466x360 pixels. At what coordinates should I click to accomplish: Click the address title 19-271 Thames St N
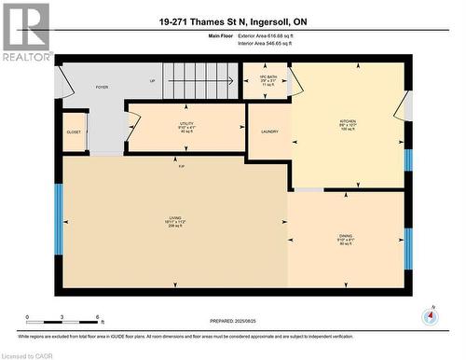pos(232,21)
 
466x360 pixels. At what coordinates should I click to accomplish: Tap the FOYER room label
pos(102,87)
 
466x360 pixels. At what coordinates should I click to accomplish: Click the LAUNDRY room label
pos(269,132)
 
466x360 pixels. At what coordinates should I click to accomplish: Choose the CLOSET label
pos(74,132)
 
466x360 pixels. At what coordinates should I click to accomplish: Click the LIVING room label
pos(173,220)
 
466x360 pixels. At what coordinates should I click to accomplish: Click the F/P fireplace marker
pos(182,166)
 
